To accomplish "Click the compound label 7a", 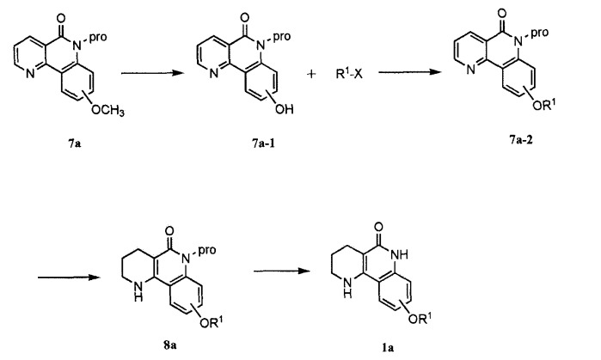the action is point(75,144).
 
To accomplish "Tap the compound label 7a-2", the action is point(521,140).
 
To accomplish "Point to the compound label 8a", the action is point(169,345).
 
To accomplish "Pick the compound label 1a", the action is point(388,348).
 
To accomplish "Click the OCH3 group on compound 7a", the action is point(107,111).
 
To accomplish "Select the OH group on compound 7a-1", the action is point(285,109).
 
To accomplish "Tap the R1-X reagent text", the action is point(349,74).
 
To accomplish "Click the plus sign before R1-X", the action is point(311,74).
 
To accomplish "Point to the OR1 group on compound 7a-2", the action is point(544,105).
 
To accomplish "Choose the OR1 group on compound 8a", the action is point(212,323).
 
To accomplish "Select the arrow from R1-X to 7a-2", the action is point(410,71).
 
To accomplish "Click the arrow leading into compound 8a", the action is point(69,277).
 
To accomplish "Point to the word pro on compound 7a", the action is point(98,37).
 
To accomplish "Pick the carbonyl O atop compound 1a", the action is point(379,227).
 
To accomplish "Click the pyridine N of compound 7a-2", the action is point(470,70).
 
